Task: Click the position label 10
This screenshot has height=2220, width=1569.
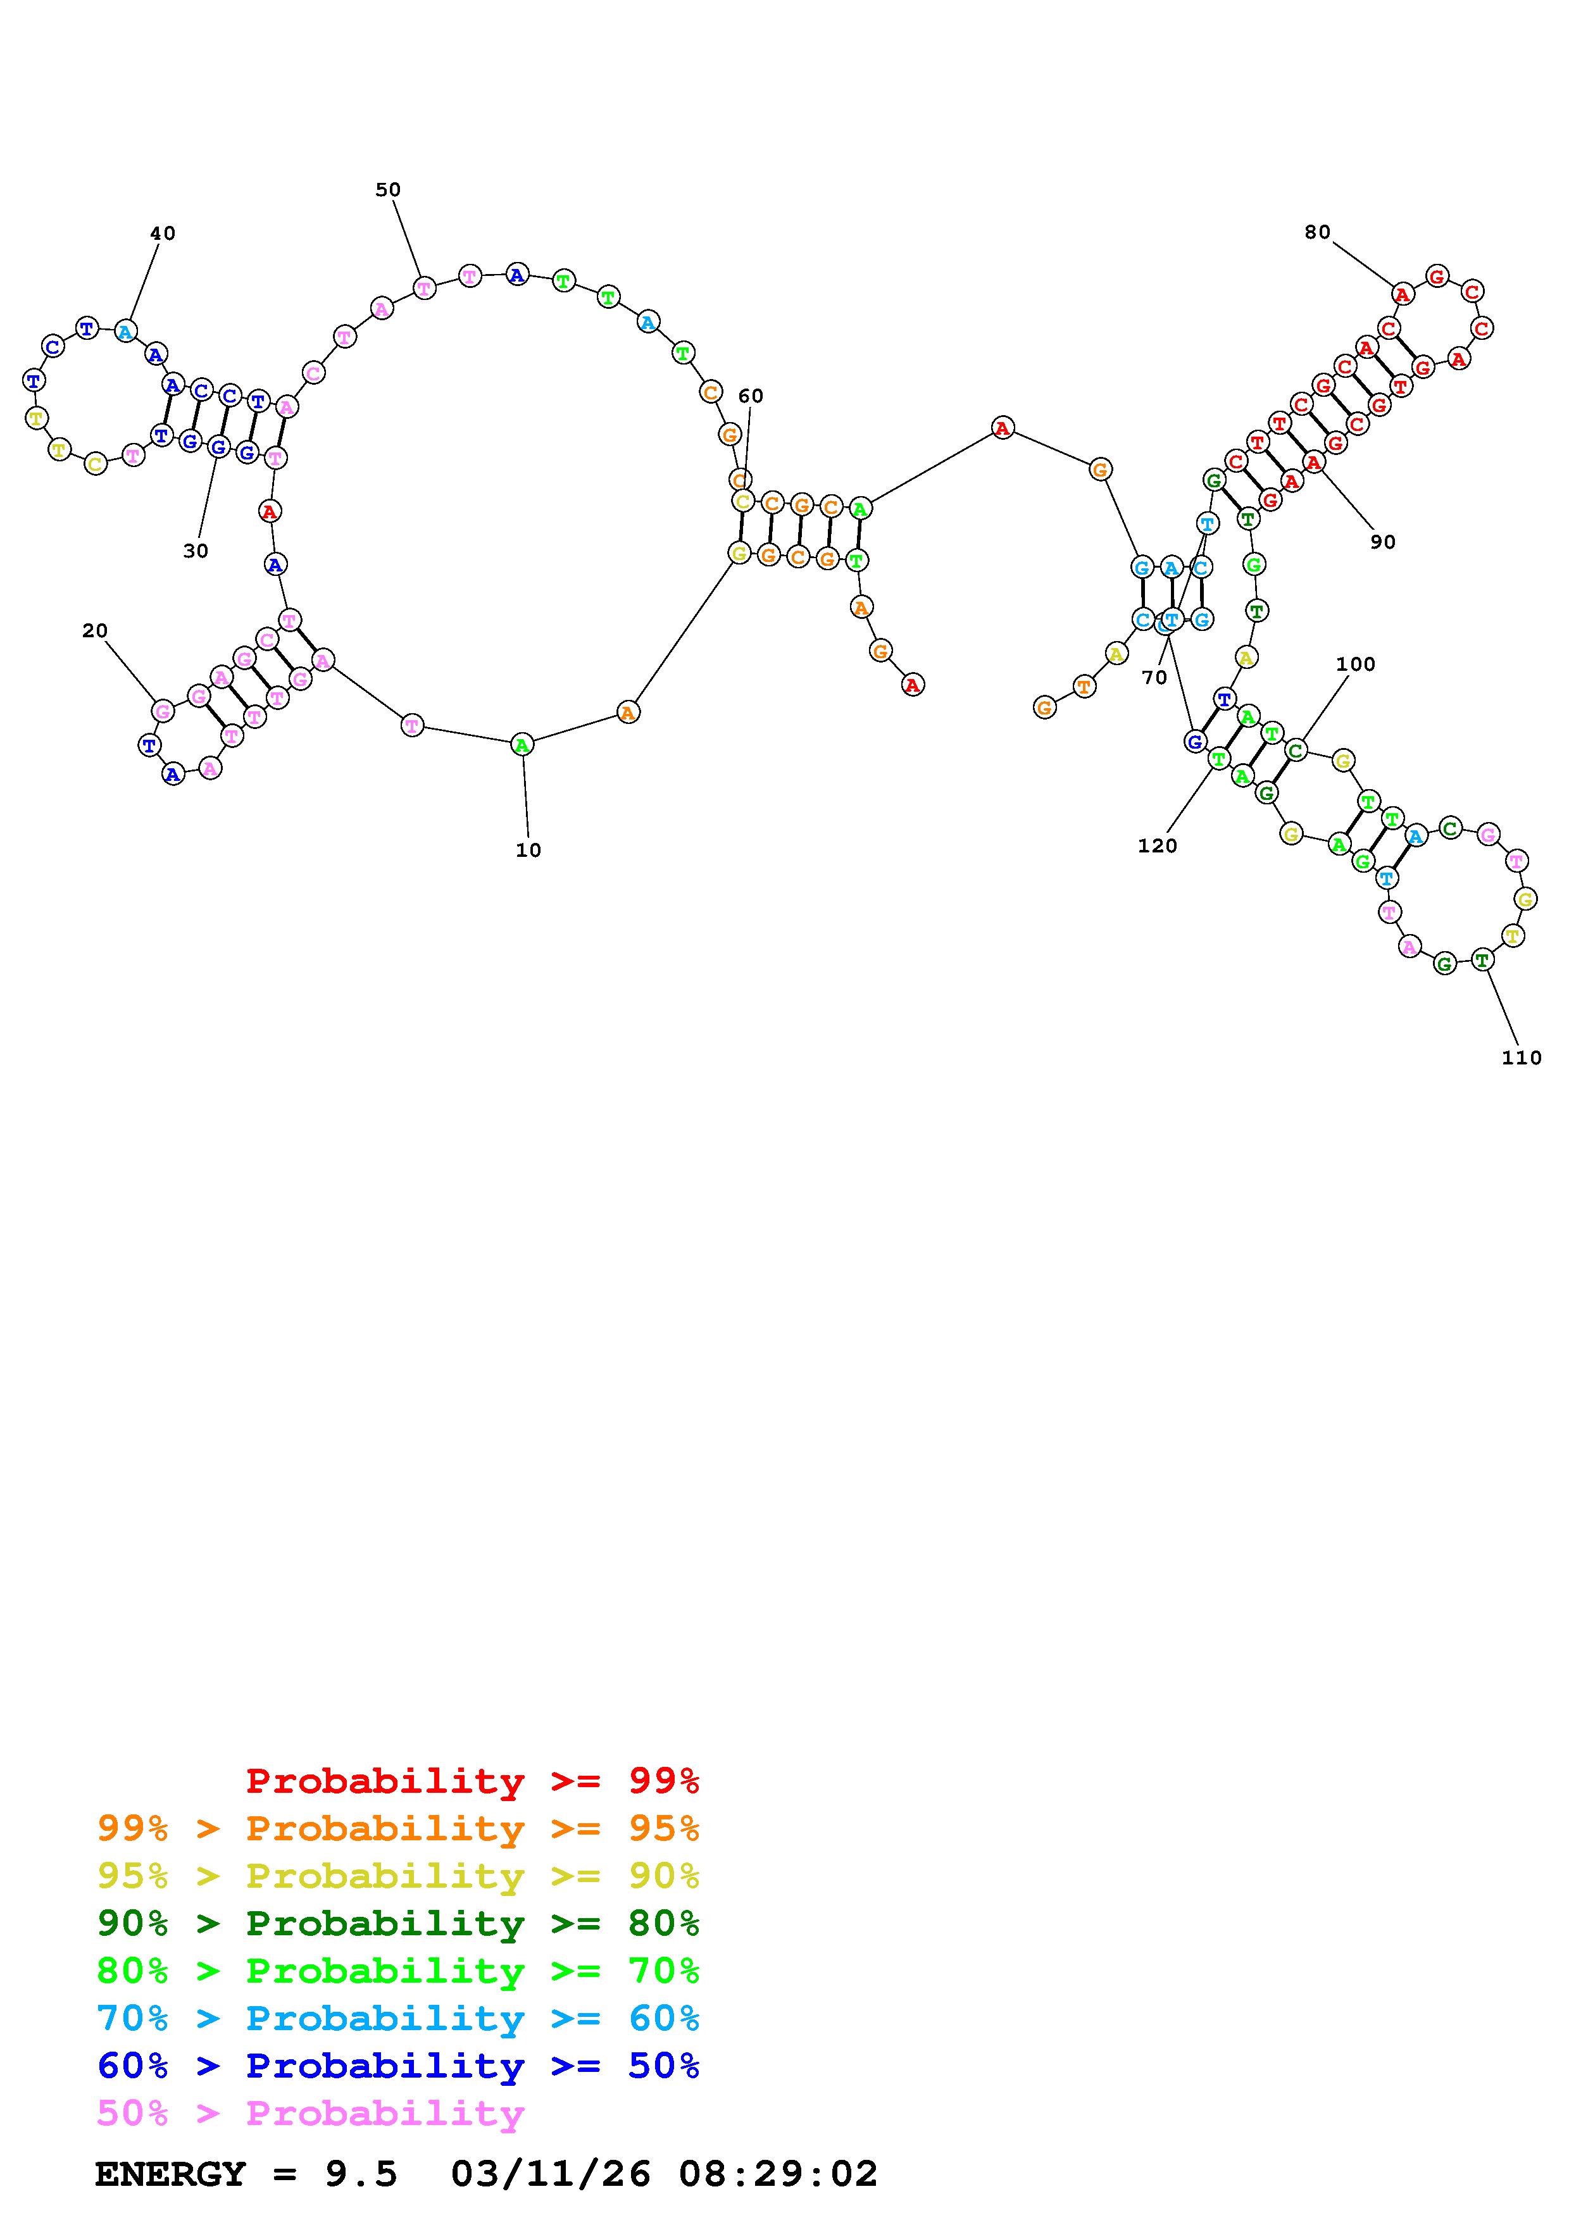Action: pos(528,850)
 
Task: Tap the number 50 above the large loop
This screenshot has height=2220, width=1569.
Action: pos(387,189)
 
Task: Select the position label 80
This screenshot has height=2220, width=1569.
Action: pos(1316,232)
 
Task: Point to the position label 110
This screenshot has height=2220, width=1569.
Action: pos(1521,1057)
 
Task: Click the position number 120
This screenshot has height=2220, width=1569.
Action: pos(1157,846)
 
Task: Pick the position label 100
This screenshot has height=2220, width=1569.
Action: pos(1354,664)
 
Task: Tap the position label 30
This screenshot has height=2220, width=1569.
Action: pos(196,551)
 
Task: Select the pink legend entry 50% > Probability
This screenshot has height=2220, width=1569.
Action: pos(310,2114)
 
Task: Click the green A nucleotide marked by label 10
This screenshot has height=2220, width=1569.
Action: pos(522,744)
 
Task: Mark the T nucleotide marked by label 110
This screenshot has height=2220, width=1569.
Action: pos(1482,960)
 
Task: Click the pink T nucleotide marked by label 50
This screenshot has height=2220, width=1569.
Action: pos(423,287)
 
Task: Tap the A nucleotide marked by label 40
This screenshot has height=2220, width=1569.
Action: pos(125,332)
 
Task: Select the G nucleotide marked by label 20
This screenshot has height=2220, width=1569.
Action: pos(163,712)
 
